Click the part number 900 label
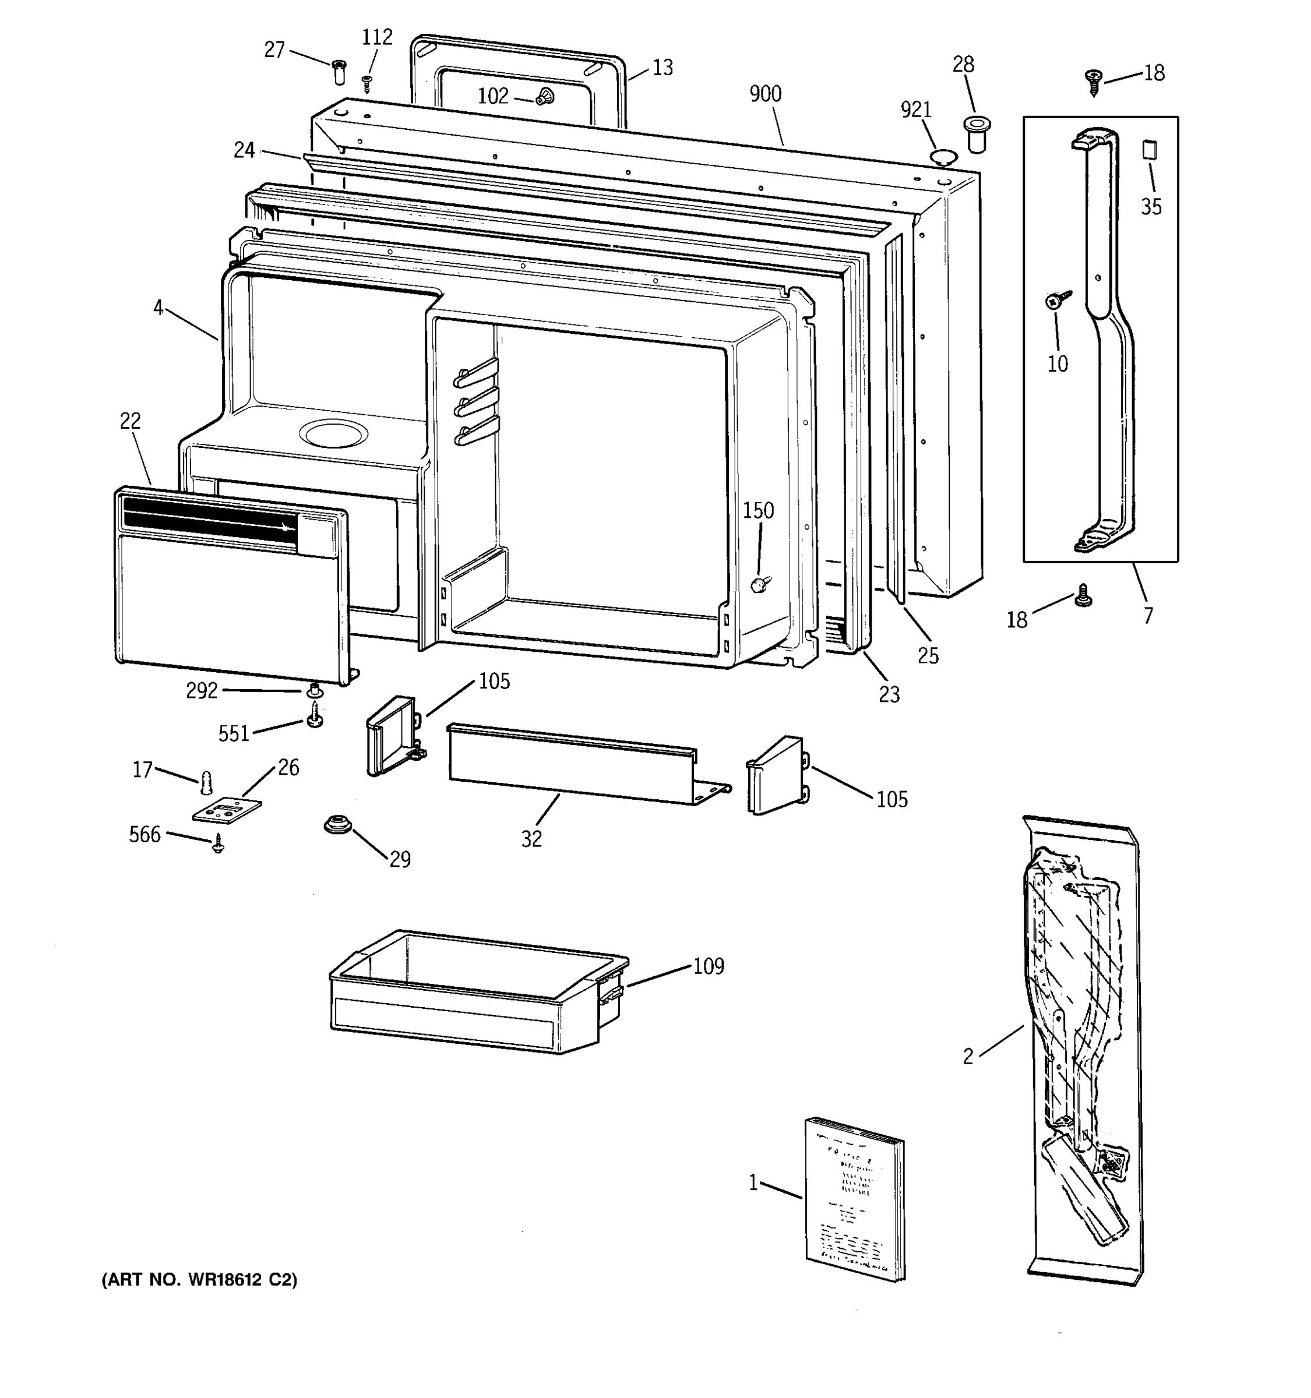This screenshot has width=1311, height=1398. pos(765,94)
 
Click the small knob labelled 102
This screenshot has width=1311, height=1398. pos(544,97)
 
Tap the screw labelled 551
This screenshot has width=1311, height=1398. pos(315,716)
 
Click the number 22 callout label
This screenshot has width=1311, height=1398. pos(130,421)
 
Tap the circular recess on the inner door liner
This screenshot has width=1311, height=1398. pos(333,435)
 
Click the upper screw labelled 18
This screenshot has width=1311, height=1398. pos(1093,81)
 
